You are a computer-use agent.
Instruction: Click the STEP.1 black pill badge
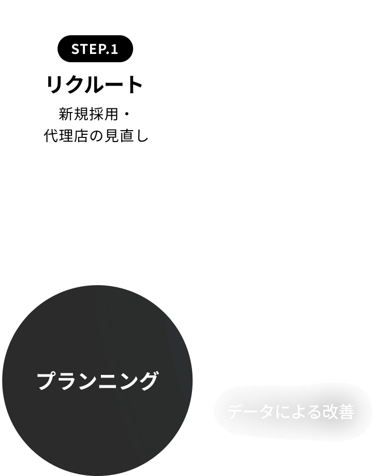pos(95,50)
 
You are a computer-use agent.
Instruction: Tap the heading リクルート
pos(95,85)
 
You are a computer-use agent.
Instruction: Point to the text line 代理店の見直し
pos(96,137)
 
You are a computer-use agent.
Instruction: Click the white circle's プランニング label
pos(97,381)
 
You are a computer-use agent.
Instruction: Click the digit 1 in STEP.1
pos(115,50)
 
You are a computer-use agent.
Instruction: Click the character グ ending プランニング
pos(147,381)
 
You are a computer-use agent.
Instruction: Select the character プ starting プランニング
pos(47,381)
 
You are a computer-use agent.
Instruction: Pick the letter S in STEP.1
pos(76,50)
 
